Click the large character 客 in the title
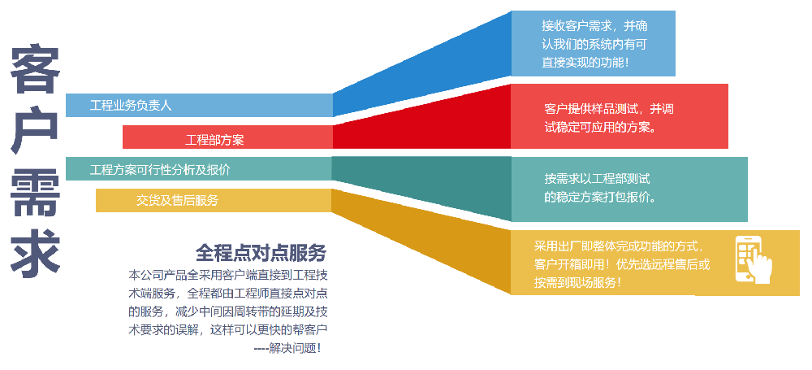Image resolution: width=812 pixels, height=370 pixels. (x=35, y=72)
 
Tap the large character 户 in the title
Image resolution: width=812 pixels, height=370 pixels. (x=35, y=132)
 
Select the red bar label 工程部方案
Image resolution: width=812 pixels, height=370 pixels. (x=214, y=139)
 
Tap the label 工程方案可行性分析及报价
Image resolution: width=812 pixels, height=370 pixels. (x=160, y=170)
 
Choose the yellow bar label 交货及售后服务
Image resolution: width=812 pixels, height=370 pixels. (x=177, y=200)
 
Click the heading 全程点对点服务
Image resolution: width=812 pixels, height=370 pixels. (x=261, y=251)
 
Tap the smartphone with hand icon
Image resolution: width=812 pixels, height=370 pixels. (x=753, y=259)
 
